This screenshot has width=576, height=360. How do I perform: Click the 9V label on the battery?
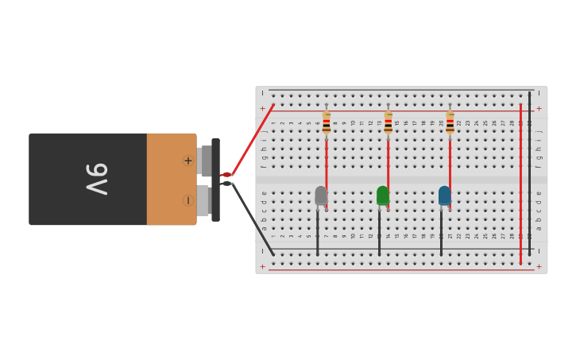point(97,179)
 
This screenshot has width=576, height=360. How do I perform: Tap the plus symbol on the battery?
point(188,161)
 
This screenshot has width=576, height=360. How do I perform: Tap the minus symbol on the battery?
point(188,200)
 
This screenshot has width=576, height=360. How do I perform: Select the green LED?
point(383,195)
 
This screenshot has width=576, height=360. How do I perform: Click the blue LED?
point(445,195)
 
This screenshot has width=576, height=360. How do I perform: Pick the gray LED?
point(321,195)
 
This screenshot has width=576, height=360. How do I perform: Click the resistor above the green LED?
point(388,122)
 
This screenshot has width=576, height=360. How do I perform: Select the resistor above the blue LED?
point(450,122)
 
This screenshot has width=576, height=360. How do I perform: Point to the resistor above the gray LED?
point(326,122)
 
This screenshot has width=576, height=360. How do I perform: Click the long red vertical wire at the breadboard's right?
point(520,183)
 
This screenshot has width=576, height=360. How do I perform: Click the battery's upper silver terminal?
point(205,161)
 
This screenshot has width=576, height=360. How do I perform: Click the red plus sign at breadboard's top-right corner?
point(539,108)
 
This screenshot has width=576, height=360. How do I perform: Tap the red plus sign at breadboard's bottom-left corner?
point(262,266)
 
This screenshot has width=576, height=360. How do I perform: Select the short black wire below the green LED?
point(379,233)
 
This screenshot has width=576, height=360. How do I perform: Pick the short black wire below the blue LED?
point(441,233)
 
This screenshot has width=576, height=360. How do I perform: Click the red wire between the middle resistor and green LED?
point(388,163)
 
